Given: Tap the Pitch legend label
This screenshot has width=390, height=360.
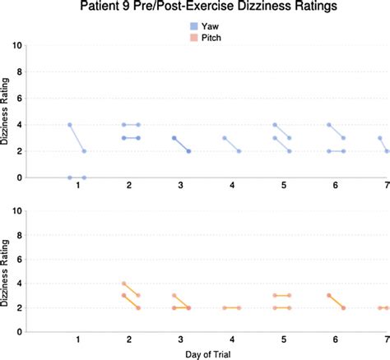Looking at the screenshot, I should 211,37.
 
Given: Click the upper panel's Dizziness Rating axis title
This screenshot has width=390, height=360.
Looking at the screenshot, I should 7,111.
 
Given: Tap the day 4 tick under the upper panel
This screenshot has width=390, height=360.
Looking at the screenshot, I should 232,188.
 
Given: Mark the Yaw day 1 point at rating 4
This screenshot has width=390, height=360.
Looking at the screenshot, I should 70,125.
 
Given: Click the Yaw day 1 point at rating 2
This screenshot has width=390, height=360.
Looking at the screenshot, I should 84,151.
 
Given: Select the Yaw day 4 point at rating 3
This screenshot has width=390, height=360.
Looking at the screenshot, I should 225,138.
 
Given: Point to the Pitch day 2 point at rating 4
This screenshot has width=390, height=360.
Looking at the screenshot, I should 123,284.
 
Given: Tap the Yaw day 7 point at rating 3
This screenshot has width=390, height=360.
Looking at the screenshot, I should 379,138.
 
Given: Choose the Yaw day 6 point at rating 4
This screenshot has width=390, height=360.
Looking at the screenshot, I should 328,125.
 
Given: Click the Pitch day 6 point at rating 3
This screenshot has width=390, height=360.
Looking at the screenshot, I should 328,295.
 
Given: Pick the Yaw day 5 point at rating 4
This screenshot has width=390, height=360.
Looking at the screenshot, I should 276,125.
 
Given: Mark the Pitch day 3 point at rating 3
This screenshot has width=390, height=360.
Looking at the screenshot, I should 174,295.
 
